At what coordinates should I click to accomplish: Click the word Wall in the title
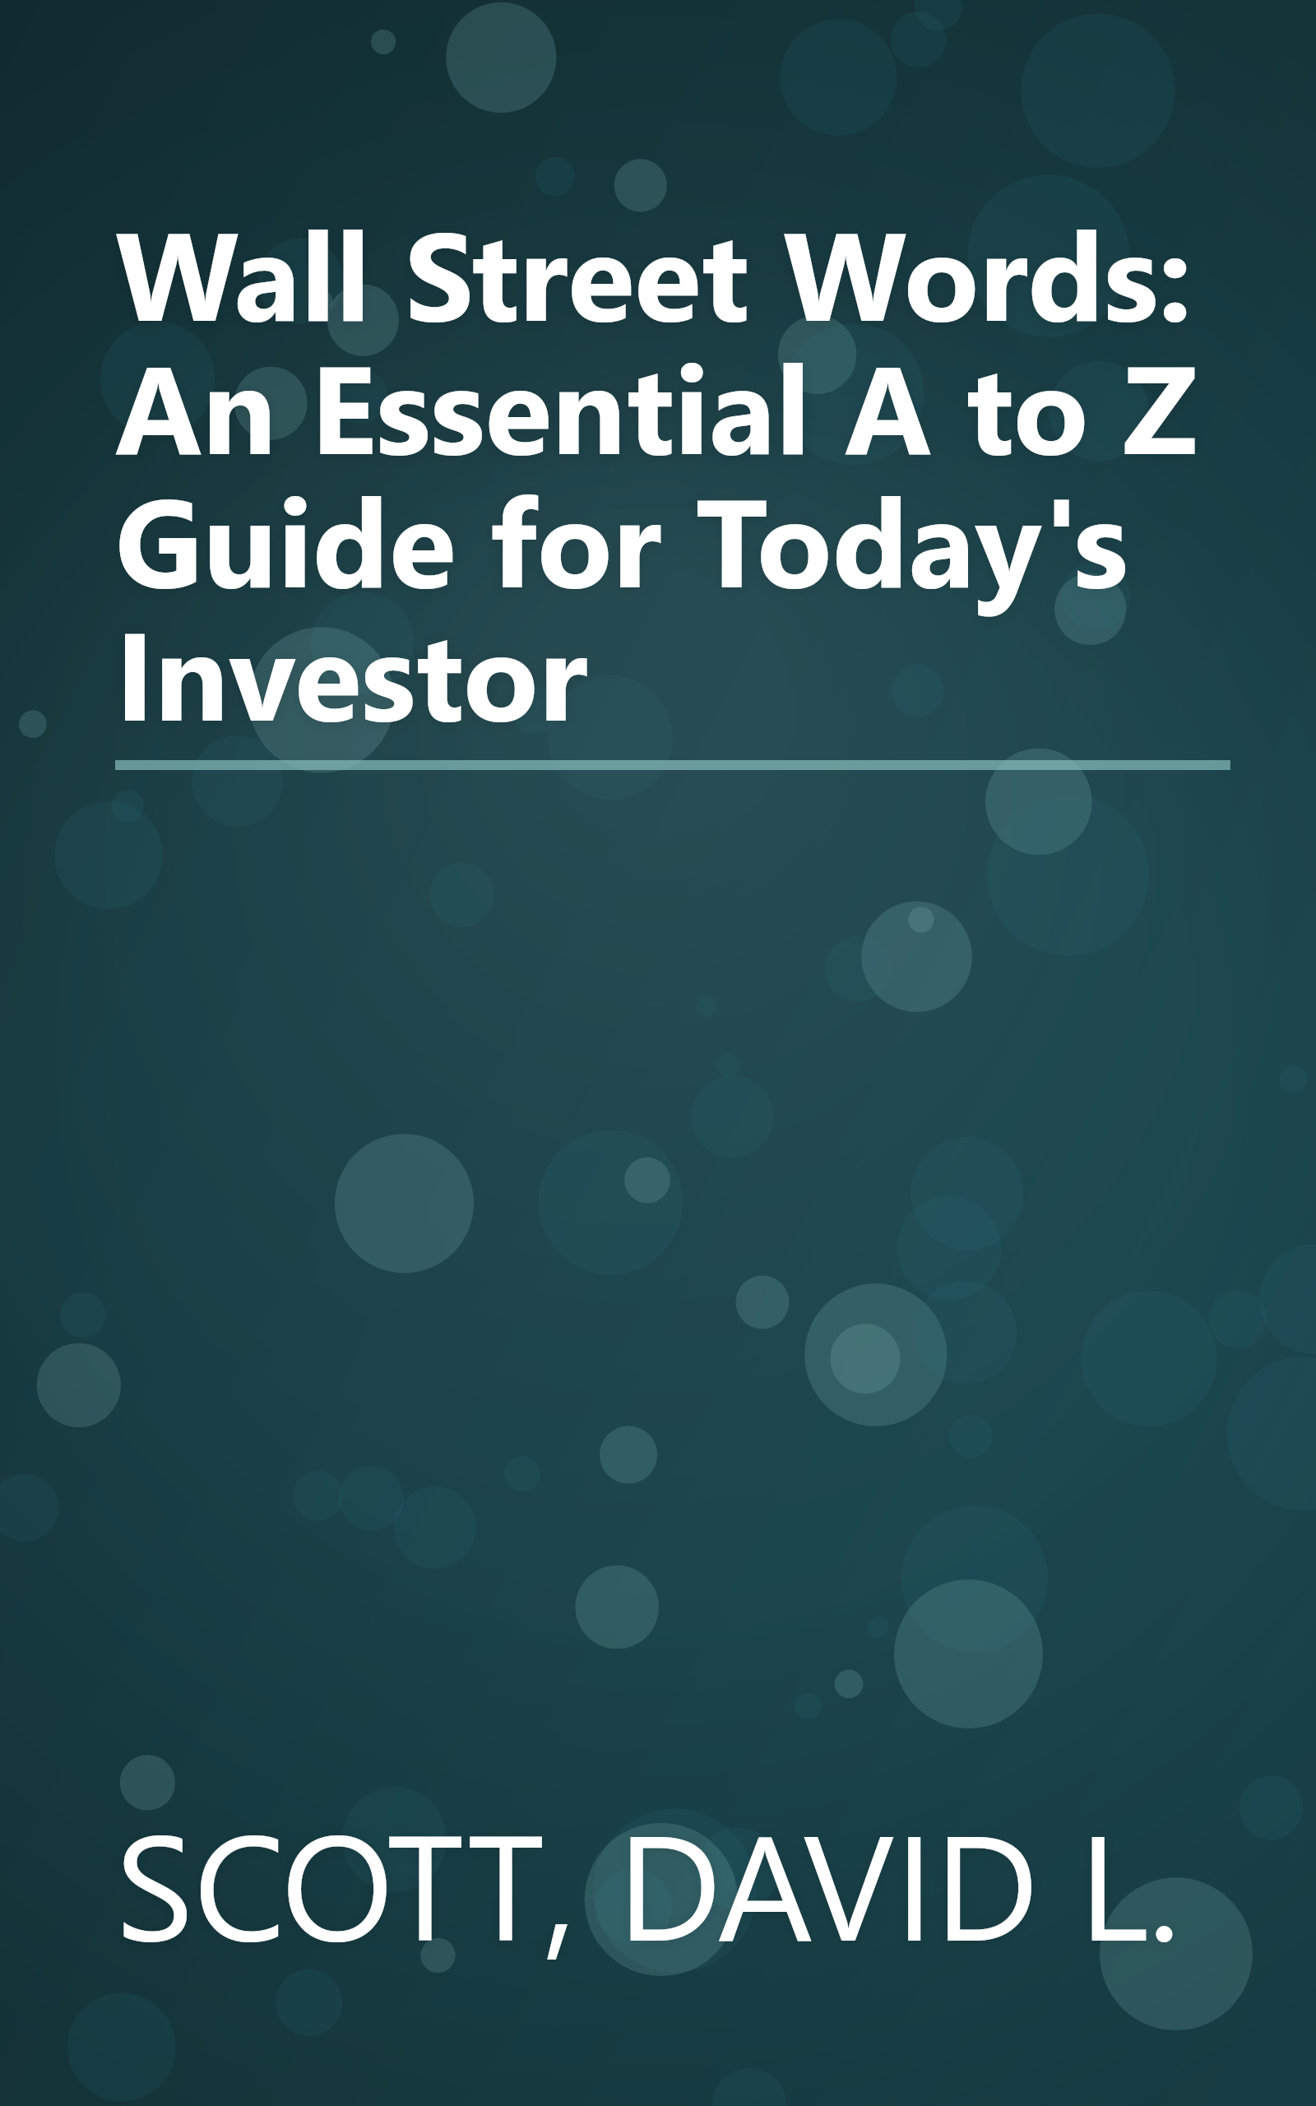(x=241, y=280)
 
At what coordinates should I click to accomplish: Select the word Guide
(x=285, y=545)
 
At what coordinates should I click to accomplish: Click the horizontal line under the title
(x=672, y=765)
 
